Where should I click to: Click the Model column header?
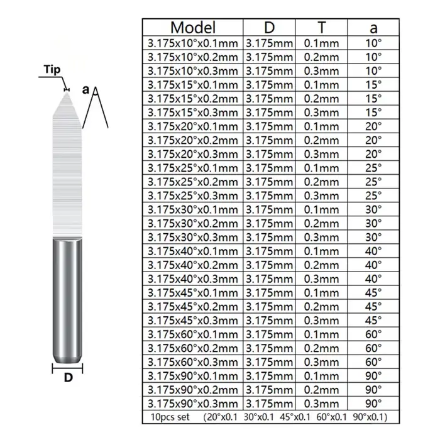[193, 28]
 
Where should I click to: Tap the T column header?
[322, 28]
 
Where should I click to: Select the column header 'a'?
[373, 28]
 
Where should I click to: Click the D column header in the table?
[269, 28]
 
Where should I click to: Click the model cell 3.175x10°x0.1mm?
[193, 43]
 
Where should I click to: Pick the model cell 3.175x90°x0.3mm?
[193, 404]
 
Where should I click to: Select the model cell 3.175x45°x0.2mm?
[193, 307]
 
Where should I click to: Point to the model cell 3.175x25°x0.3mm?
[193, 196]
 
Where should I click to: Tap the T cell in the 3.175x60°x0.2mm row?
[322, 348]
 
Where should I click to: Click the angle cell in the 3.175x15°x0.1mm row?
[373, 85]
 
